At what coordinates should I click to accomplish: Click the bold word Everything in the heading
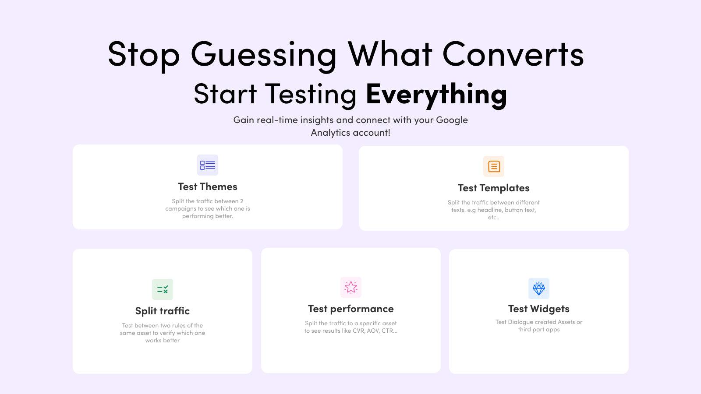click(x=436, y=94)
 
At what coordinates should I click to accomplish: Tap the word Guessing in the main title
click(x=263, y=54)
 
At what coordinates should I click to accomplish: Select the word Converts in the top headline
click(x=513, y=54)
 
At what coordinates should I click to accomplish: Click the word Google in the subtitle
click(x=452, y=120)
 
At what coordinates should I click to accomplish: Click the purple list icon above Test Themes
click(x=208, y=165)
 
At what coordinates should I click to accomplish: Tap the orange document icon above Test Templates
click(x=494, y=166)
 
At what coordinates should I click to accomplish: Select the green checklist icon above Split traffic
click(x=163, y=289)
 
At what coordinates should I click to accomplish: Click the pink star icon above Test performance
click(x=351, y=287)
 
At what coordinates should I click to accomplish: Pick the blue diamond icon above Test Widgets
click(x=539, y=288)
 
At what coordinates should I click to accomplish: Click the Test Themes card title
click(x=208, y=186)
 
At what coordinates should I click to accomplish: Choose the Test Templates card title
click(x=494, y=188)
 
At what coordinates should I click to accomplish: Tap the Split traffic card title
click(x=163, y=311)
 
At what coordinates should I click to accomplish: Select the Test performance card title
click(x=351, y=309)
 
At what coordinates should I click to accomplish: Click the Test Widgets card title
click(x=539, y=309)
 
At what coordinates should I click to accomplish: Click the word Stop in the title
click(x=144, y=54)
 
